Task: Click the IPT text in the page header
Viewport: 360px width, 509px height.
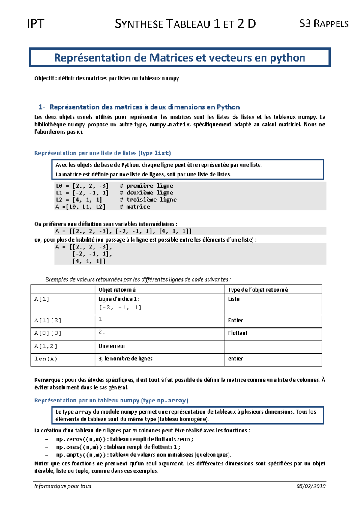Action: pos(36,24)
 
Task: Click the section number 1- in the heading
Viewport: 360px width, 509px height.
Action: pos(42,107)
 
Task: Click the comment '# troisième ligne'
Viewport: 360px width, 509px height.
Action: pos(148,200)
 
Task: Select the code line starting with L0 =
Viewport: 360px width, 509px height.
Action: pos(82,186)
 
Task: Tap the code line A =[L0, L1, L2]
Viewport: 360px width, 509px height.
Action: pos(80,207)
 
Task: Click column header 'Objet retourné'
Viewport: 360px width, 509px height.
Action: pos(117,290)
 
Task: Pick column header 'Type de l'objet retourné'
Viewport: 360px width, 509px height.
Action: pos(258,290)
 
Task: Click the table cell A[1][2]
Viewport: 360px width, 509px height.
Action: pos(48,321)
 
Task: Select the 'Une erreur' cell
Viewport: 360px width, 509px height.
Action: pos(112,346)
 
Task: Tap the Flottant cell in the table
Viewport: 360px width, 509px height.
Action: pos(238,333)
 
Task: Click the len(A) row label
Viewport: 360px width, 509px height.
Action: pos(46,359)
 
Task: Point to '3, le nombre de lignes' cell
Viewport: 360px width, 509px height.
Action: pos(125,359)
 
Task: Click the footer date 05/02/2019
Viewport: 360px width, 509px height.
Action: pos(311,486)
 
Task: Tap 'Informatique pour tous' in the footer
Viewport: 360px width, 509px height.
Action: pos(63,486)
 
